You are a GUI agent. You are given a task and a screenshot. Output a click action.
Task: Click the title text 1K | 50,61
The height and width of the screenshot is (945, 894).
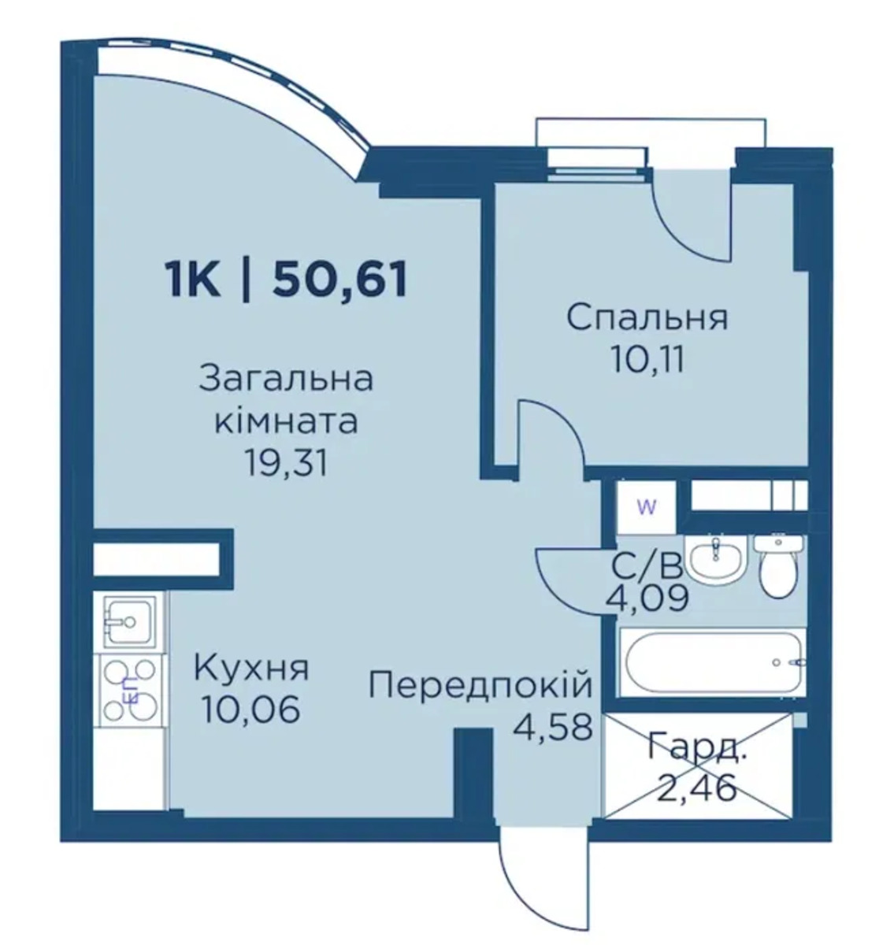(286, 280)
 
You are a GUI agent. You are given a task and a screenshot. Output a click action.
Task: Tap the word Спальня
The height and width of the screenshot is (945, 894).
(647, 318)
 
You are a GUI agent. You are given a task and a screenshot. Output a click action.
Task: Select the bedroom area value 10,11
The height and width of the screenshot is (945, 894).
(647, 360)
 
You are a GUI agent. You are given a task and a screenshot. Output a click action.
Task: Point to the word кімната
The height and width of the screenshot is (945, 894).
(286, 422)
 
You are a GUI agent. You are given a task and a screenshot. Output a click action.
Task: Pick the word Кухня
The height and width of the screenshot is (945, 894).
(250, 669)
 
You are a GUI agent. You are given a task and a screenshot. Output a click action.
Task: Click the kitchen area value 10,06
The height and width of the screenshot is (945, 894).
(251, 709)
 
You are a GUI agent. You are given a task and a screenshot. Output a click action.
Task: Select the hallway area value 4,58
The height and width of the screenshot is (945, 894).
(553, 727)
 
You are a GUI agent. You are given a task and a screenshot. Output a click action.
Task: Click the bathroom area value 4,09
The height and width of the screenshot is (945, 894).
(647, 598)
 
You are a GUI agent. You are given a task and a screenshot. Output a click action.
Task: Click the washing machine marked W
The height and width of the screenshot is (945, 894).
(647, 507)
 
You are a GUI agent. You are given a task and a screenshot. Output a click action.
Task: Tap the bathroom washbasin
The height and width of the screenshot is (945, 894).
(715, 558)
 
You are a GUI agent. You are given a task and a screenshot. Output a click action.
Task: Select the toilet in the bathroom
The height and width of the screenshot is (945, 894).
(778, 566)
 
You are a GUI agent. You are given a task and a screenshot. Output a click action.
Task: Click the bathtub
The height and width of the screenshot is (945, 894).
(714, 662)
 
